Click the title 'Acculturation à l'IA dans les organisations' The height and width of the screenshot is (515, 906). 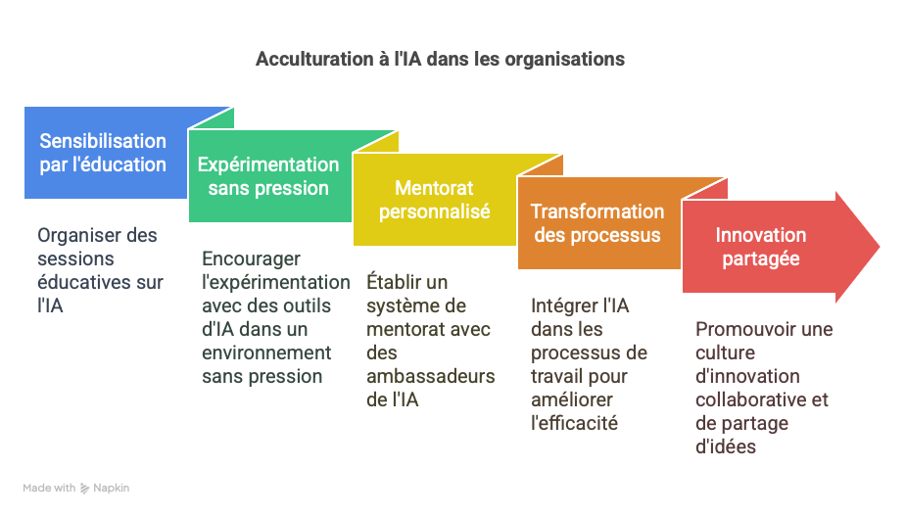440,59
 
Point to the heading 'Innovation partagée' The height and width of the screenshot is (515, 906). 761,247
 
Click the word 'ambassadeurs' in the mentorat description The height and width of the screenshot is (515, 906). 431,377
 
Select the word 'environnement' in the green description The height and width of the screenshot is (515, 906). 266,352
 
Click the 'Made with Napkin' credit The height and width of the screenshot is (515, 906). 76,488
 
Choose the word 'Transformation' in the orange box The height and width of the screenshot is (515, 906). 597,211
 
